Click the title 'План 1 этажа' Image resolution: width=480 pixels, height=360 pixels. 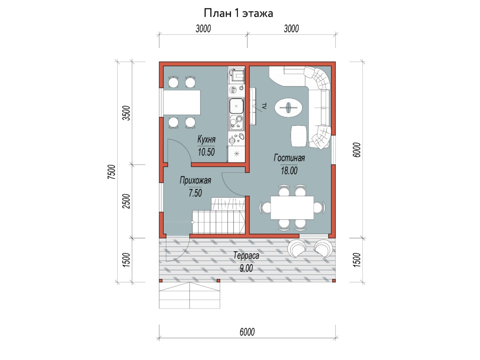coord(238,13)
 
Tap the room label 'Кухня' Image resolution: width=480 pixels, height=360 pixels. coord(206,139)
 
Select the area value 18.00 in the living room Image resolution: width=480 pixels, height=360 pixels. coord(289,170)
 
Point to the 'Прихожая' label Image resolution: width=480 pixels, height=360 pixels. coord(195,180)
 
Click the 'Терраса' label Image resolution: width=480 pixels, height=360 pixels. coord(246,255)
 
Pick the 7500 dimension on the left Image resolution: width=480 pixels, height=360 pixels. coord(111,172)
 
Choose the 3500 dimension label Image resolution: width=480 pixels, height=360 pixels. coord(126,113)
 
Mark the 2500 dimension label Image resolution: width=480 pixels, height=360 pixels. coord(126,201)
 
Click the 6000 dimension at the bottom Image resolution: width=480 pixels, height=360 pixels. coord(247,332)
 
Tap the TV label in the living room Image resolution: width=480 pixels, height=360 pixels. coord(264,106)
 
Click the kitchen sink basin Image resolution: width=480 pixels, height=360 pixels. coord(236,106)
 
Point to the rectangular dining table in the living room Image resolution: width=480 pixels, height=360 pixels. coord(292,208)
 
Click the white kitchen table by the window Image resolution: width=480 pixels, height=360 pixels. coord(182,102)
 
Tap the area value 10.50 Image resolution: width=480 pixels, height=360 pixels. coord(206,152)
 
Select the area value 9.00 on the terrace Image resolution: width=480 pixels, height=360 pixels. coord(246,268)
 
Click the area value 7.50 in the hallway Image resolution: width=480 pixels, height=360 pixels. coord(195,193)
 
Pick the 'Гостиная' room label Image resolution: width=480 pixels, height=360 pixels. coord(289,158)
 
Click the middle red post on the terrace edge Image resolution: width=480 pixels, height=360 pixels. coord(218,281)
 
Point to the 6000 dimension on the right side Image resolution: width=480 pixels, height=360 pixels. coord(356,150)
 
